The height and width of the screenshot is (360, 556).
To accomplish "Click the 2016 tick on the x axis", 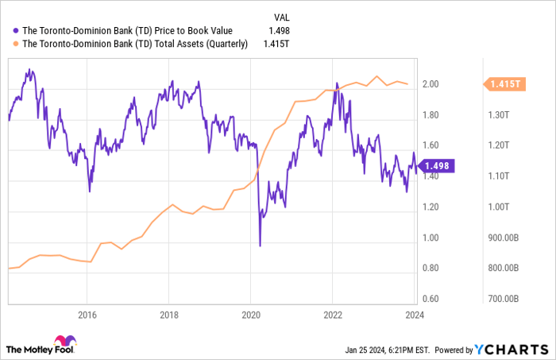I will [x=87, y=314].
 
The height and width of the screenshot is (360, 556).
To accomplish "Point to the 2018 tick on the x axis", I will [x=168, y=314].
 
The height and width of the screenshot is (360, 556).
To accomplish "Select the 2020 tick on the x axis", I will [x=250, y=314].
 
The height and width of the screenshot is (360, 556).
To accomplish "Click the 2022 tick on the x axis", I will [x=332, y=314].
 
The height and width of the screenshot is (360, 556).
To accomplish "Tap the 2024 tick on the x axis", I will [x=414, y=314].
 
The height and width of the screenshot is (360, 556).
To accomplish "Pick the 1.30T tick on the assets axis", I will [x=499, y=115].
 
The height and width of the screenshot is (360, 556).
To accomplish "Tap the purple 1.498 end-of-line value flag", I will [x=438, y=166].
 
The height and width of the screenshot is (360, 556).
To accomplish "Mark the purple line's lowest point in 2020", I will [x=260, y=245].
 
